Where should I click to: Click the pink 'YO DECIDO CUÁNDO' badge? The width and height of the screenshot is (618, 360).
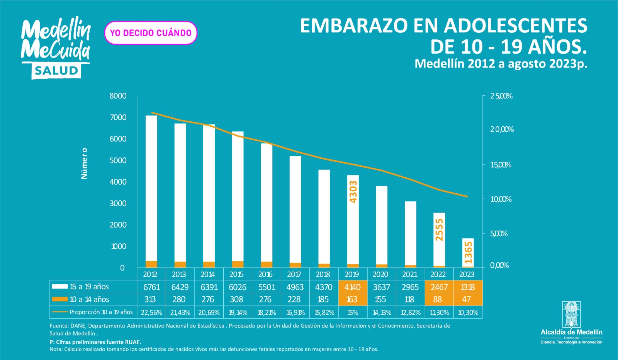point(151,33)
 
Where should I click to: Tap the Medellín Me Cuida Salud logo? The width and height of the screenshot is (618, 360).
point(56,48)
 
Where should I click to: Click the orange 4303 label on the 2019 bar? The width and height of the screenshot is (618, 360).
point(353,192)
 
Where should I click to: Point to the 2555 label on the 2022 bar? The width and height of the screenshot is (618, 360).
point(439,229)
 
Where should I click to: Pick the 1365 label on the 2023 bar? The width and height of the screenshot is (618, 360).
point(468,253)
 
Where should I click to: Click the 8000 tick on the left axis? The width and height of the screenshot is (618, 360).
point(118,96)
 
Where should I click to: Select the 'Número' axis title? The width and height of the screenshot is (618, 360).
point(84,163)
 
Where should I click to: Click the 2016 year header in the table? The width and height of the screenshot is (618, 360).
point(265,274)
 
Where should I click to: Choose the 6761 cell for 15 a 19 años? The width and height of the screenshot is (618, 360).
point(151,287)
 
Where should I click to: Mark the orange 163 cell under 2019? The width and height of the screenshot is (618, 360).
point(352,299)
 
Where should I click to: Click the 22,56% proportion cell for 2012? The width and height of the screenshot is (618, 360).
point(151,312)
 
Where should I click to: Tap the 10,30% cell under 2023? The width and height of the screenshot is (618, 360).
point(468,312)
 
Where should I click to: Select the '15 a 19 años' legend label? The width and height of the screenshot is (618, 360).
point(89,287)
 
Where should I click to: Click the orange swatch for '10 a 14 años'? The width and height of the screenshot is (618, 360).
point(60,299)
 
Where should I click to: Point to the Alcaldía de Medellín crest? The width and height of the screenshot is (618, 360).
point(571,315)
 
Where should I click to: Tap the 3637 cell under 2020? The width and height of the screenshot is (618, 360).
point(381,287)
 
